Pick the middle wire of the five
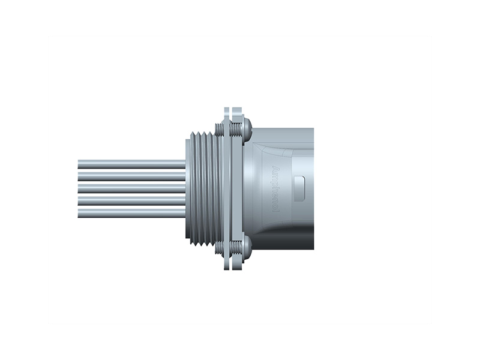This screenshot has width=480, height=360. [132, 188]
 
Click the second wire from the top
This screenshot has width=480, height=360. [132, 176]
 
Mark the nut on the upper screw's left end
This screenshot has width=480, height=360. [223, 128]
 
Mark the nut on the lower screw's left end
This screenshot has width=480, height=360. [223, 245]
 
